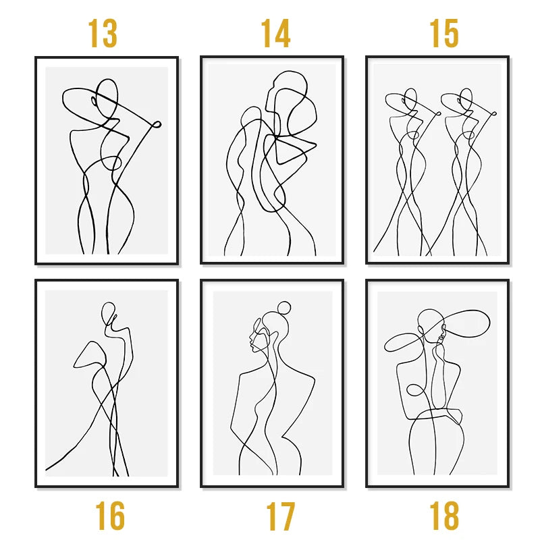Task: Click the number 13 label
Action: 103,33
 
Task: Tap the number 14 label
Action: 275,33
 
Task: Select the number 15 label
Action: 444,33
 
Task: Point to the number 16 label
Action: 110,516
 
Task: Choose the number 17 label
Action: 280,516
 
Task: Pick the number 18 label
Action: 444,516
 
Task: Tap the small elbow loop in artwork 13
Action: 157,124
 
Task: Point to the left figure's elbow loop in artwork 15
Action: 438,113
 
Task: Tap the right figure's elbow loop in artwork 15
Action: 494,113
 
